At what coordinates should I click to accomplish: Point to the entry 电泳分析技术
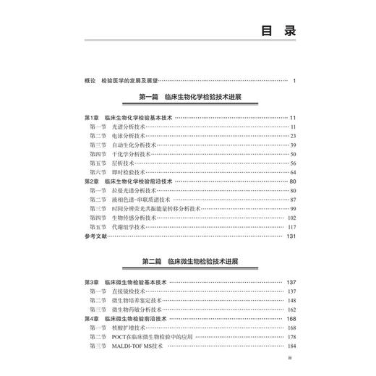click(127, 135)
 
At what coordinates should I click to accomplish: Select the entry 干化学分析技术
click(127, 154)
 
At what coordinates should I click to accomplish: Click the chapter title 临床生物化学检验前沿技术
click(141, 181)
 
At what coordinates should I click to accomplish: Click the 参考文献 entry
click(95, 236)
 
